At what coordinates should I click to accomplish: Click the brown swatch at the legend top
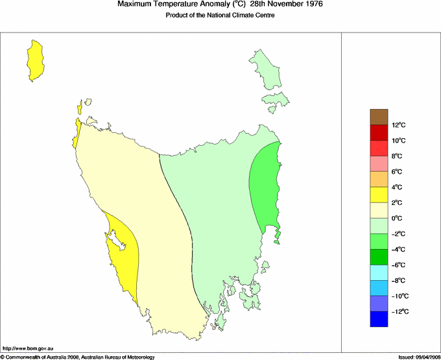(x=379, y=117)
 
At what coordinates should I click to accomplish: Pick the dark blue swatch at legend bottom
(x=379, y=319)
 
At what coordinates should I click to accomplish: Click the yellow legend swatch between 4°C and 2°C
(x=379, y=195)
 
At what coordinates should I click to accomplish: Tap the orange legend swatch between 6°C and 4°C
(x=379, y=179)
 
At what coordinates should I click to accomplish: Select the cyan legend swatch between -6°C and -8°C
(x=379, y=272)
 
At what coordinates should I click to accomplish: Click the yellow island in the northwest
(x=35, y=60)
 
